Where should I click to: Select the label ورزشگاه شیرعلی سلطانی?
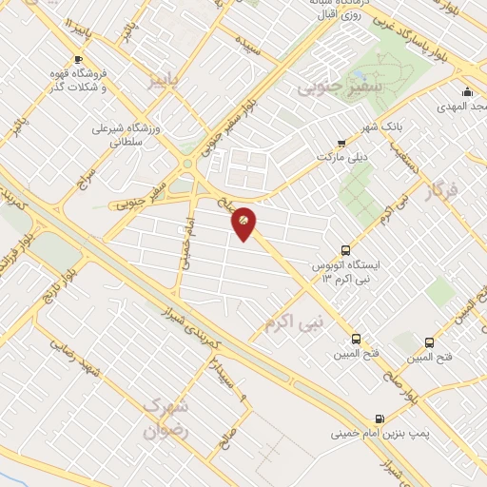point(128,133)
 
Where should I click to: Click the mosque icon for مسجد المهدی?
point(467,92)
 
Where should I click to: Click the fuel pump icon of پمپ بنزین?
point(380,419)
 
